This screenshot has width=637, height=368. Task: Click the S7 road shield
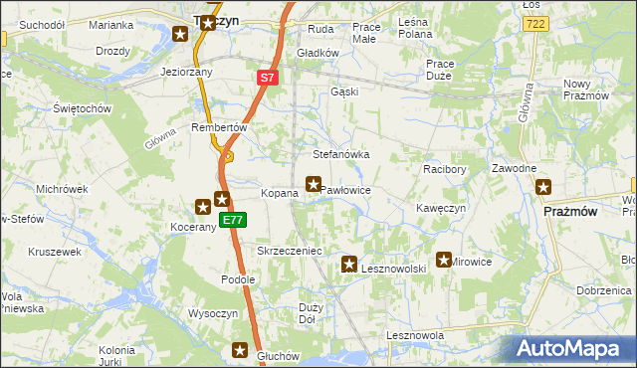(x=267, y=76)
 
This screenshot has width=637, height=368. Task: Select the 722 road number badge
(x=533, y=22)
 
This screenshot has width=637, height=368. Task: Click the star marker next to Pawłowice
(x=314, y=184)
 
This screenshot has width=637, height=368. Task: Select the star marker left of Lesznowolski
(x=349, y=265)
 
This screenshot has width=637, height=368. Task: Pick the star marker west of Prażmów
(x=543, y=186)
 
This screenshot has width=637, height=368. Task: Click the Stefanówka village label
(x=341, y=155)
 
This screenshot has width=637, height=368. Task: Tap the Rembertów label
(x=218, y=127)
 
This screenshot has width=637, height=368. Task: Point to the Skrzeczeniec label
(x=289, y=252)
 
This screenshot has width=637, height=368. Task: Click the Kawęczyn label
(x=440, y=208)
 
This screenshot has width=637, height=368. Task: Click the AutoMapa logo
(x=571, y=349)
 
